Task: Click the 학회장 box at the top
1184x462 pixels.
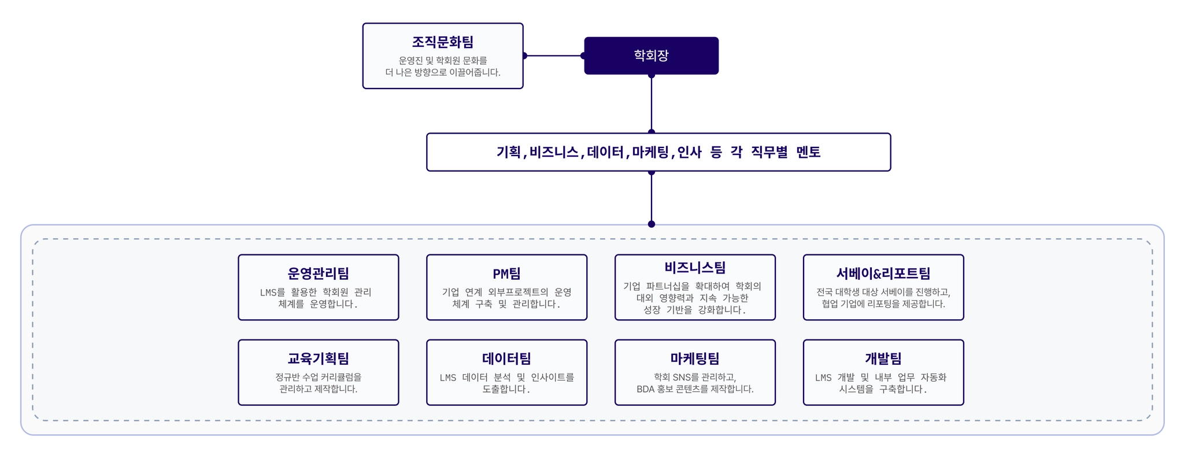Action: (x=651, y=56)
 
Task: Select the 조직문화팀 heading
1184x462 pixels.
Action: (x=443, y=42)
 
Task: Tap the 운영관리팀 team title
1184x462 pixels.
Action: (x=319, y=273)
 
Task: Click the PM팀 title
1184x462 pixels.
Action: (x=507, y=273)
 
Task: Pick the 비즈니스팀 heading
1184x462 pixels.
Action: (x=695, y=267)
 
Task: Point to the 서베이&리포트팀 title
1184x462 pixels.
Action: (x=883, y=273)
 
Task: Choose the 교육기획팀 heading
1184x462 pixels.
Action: (x=319, y=358)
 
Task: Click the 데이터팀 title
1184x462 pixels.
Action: (x=507, y=358)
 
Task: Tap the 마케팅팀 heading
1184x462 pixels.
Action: (x=695, y=358)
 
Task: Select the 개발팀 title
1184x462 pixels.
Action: (x=883, y=358)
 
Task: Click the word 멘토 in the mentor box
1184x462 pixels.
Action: (x=808, y=152)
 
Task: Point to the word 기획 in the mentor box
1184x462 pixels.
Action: (x=508, y=152)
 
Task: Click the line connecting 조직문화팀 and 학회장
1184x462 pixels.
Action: (x=554, y=56)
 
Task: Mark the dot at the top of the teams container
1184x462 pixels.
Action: (x=652, y=224)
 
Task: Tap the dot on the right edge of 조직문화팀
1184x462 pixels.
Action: (x=524, y=56)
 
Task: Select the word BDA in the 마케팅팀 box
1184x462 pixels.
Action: (x=645, y=389)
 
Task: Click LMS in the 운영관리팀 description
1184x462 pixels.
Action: (x=269, y=292)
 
